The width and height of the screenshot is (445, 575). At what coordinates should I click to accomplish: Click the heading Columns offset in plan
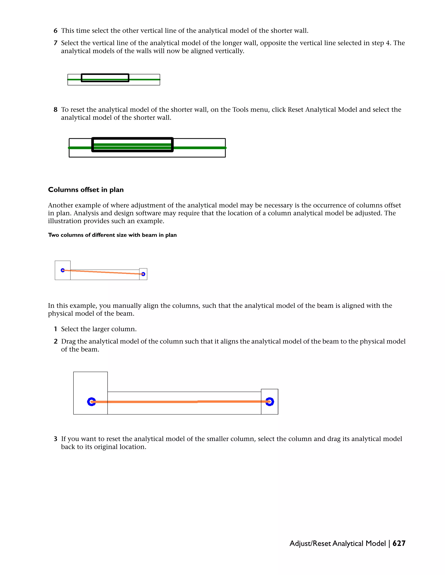click(86, 190)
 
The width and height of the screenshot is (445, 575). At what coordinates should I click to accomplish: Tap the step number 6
click(55, 31)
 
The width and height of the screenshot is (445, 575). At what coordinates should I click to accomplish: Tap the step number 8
click(55, 110)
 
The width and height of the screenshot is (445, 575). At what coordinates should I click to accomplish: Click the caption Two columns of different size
click(112, 235)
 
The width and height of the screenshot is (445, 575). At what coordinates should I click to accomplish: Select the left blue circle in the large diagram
click(91, 402)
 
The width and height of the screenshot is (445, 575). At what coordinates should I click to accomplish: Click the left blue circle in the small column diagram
click(63, 270)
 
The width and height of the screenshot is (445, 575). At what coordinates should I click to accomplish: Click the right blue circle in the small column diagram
click(143, 274)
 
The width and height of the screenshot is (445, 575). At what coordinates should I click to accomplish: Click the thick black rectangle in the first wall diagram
click(105, 74)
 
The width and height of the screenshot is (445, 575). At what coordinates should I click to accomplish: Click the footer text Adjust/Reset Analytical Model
click(337, 543)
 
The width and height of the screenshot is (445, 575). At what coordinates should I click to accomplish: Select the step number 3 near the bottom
click(55, 439)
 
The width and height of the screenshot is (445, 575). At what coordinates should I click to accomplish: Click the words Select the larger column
click(99, 329)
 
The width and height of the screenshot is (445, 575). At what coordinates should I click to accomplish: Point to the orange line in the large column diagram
click(179, 402)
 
